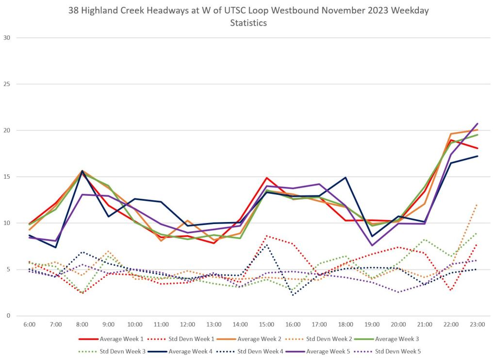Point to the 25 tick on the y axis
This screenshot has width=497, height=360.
[x=7, y=84]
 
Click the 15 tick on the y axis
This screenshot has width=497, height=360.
[x=7, y=177]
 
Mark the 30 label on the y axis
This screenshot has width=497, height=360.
[x=7, y=38]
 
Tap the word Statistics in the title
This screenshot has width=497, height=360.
[x=248, y=23]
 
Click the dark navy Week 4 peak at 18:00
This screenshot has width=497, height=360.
[x=346, y=177]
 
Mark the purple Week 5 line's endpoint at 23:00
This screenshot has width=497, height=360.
[x=477, y=123]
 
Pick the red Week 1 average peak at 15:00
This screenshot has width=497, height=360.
[x=266, y=178]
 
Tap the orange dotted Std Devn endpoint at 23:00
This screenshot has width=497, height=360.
[x=477, y=205]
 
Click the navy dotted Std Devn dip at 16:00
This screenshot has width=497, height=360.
[x=293, y=295]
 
